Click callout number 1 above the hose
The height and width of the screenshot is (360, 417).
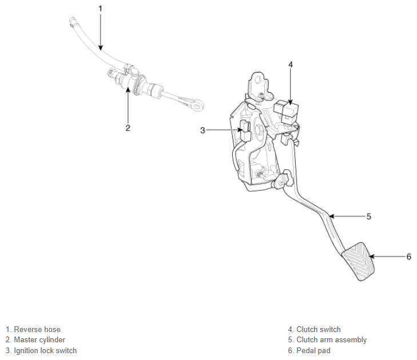click(100, 9)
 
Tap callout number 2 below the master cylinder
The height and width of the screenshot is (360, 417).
click(128, 128)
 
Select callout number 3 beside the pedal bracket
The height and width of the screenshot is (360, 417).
click(202, 130)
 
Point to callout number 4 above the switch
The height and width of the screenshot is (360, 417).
click(291, 65)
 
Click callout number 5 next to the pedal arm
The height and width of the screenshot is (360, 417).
click(368, 217)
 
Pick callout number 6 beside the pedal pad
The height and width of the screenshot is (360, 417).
click(409, 257)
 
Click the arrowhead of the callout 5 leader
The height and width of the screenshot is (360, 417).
click(331, 217)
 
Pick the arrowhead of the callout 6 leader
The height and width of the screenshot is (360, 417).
click(371, 257)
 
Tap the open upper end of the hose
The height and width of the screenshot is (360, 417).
click(72, 20)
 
